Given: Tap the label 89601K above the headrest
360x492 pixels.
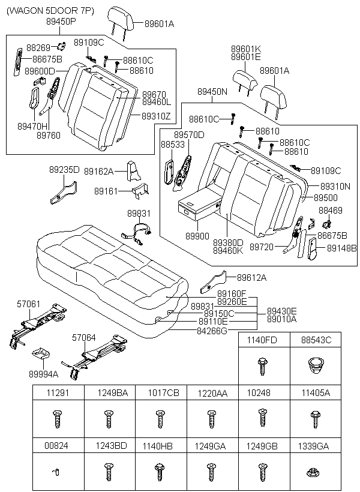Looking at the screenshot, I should click(x=246, y=49).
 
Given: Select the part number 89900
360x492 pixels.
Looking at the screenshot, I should click(x=197, y=236).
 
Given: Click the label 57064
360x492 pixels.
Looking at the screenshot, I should click(x=84, y=338).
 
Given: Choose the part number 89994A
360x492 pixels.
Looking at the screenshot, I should click(x=44, y=374).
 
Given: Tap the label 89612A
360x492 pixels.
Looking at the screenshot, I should click(x=251, y=277).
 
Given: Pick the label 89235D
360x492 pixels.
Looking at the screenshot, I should click(x=64, y=170).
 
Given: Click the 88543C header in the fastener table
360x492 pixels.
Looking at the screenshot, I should click(x=317, y=340).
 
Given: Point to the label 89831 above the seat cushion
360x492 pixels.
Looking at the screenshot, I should click(x=139, y=214).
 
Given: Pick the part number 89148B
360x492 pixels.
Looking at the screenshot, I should click(x=342, y=247).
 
